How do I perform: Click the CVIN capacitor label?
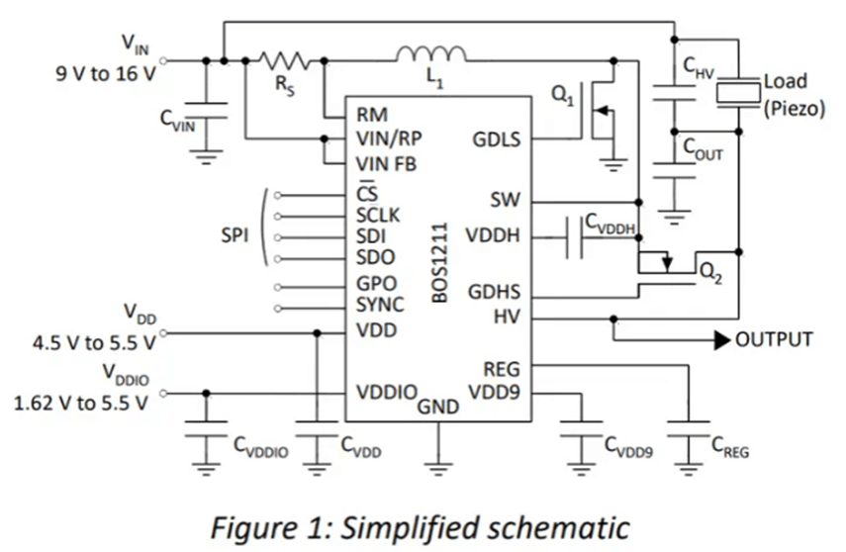179,120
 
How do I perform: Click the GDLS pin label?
498,140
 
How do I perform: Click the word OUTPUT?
774,340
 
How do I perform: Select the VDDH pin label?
498,237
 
